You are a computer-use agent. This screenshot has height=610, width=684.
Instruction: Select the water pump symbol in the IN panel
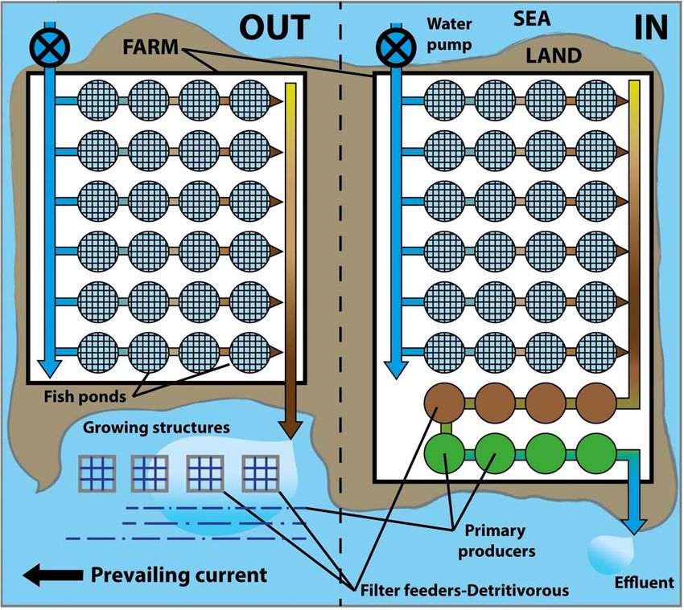coord(395,47)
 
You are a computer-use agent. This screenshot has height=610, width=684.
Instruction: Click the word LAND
coord(553,55)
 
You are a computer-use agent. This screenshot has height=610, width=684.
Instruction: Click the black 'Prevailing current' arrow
coord(52,575)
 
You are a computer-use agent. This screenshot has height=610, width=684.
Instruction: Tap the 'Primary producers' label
coord(496,539)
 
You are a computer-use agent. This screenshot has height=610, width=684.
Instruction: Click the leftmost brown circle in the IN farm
coord(444,402)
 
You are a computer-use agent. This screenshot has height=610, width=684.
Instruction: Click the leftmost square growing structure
coord(97,473)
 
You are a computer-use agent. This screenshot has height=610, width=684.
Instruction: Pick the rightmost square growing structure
coord(260,473)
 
